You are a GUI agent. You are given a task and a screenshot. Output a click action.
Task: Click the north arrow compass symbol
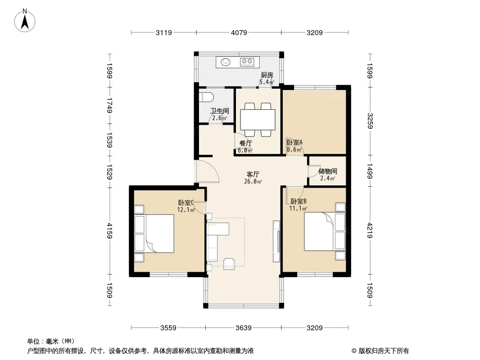25,20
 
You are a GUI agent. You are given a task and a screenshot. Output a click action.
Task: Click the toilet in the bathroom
206,97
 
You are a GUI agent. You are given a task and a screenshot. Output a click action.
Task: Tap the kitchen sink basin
226,62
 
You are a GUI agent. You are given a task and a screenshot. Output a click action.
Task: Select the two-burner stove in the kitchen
247,62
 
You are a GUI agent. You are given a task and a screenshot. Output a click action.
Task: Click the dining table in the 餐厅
258,120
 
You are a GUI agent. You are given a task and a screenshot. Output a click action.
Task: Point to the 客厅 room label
253,174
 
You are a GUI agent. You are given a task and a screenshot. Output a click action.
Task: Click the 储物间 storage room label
327,171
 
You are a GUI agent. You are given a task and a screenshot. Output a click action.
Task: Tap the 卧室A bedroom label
294,142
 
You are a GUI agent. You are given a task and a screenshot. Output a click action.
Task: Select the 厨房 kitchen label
267,75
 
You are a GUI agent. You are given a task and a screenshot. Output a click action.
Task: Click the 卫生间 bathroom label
219,111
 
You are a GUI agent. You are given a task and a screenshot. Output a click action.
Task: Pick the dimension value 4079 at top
239,32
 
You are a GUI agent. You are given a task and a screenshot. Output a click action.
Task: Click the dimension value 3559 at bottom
168,328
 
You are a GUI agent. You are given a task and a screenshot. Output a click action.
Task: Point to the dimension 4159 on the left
110,230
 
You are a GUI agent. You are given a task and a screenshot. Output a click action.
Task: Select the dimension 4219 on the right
370,230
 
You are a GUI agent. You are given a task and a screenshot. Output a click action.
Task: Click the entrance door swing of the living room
208,171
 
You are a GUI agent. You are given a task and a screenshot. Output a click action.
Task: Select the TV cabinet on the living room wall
276,241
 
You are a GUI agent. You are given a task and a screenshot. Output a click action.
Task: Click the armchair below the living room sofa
229,264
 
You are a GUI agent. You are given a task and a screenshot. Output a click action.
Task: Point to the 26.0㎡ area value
253,181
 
